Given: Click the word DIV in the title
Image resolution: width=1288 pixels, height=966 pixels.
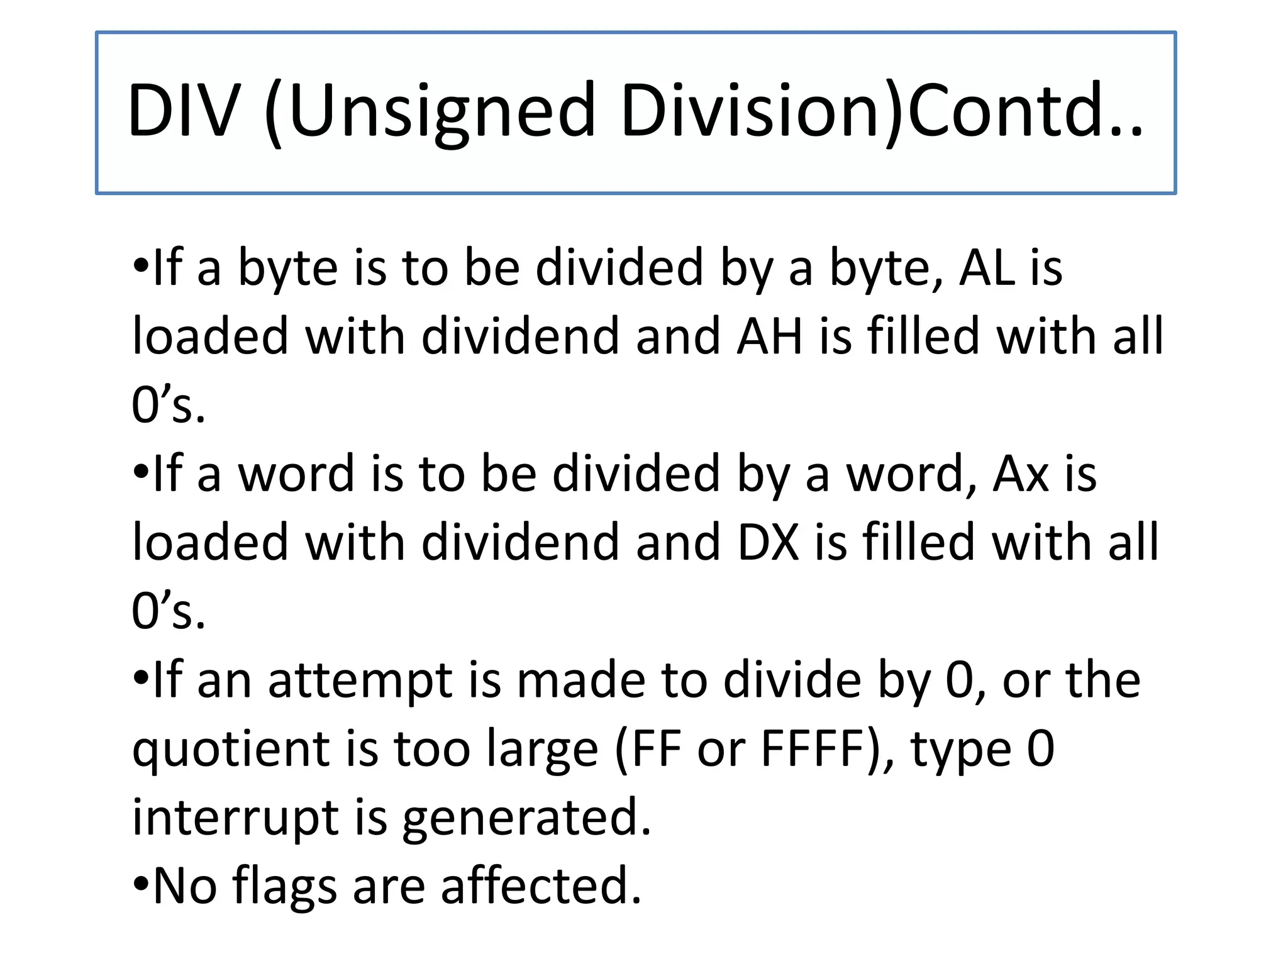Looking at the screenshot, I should (x=184, y=111).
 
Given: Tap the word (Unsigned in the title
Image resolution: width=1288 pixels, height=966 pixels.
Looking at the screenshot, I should (x=430, y=111).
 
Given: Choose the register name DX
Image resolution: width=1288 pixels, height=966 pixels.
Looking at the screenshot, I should (x=768, y=542).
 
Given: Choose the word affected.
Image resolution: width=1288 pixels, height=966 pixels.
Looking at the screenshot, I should (x=541, y=885).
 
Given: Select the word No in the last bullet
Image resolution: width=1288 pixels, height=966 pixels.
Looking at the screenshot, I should (x=186, y=885).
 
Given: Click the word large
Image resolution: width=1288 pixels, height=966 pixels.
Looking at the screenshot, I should (x=542, y=751).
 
